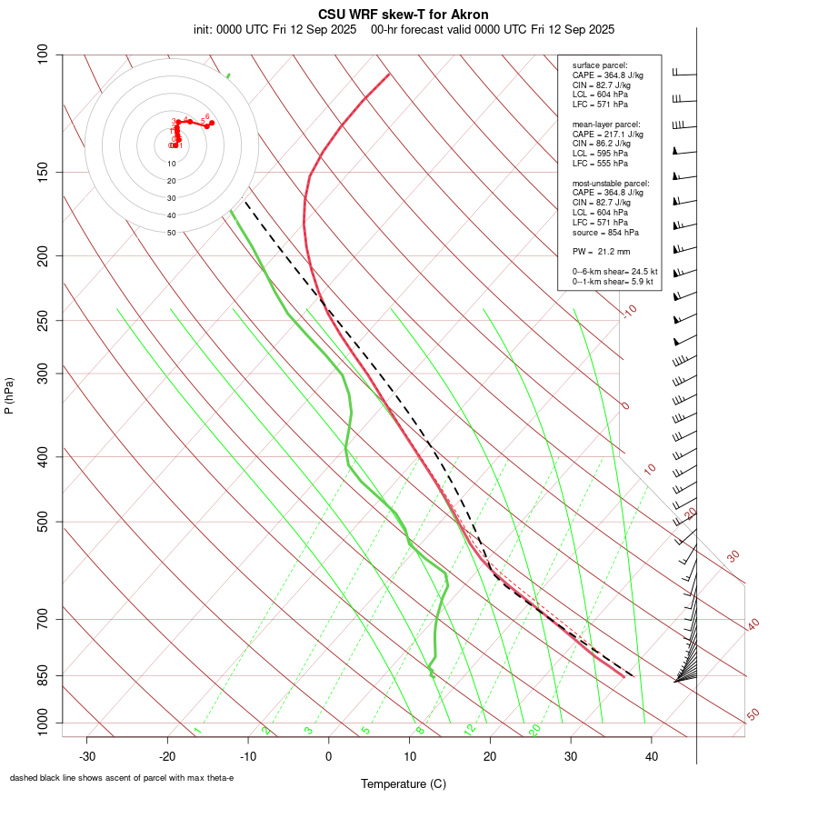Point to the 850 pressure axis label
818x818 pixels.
43,675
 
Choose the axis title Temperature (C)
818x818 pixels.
404,783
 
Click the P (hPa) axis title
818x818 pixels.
9,395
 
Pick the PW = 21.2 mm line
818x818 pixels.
601,252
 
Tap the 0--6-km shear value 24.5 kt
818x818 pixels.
638,272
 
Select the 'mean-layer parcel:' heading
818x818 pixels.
606,124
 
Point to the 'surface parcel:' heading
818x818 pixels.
599,65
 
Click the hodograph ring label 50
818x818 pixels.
172,233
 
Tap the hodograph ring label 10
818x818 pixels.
172,164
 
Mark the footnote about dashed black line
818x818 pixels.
122,778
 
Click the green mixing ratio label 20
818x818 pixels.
534,729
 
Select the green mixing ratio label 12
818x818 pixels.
470,730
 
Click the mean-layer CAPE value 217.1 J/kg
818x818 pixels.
619,134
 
